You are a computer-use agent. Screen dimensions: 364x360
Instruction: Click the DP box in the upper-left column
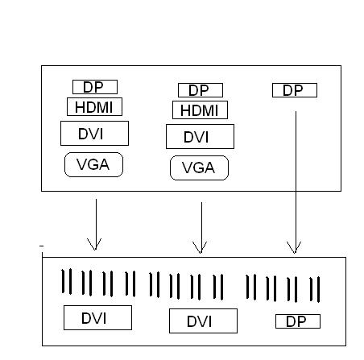95,87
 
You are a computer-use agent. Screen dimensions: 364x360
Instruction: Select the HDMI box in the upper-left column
94,107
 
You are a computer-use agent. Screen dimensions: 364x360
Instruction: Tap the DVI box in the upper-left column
94,134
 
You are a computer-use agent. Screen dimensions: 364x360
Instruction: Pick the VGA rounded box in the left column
93,164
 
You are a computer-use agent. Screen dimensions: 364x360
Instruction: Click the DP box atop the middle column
201,90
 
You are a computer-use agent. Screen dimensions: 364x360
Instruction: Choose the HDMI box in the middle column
200,110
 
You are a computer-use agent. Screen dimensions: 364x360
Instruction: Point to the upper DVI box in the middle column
200,137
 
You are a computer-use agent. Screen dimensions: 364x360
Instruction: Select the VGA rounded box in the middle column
199,168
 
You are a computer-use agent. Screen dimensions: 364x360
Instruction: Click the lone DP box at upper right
295,90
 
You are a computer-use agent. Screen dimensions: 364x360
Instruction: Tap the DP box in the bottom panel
298,321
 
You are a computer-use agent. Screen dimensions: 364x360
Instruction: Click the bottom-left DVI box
97,317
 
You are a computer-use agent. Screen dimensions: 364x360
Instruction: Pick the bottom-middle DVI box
203,321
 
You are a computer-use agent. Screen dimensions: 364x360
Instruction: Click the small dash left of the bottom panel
41,246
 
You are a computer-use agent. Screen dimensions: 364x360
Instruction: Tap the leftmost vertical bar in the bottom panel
63,281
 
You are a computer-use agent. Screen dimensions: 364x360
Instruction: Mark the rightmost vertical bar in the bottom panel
318,290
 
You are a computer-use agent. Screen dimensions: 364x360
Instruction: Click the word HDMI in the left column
93,107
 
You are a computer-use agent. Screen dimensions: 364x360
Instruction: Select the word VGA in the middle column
198,168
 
